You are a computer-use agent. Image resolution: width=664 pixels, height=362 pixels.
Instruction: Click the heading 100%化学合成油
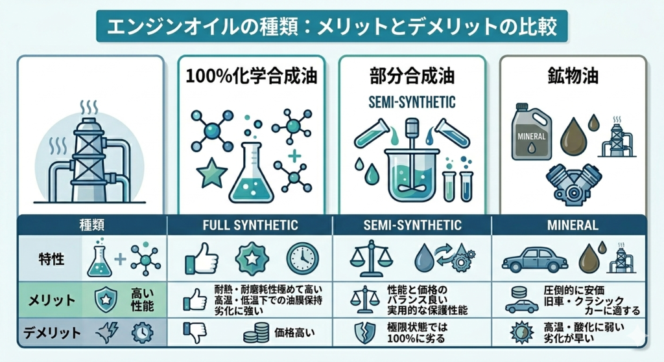tap(251, 76)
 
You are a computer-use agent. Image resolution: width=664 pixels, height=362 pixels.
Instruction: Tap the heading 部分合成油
tap(412, 76)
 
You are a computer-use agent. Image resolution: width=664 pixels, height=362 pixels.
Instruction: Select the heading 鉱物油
tap(573, 76)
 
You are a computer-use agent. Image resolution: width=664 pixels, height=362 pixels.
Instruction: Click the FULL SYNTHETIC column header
tap(250, 225)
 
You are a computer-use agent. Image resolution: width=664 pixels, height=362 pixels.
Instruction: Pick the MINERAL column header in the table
tap(573, 225)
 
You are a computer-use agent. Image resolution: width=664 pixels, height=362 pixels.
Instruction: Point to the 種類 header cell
tap(92, 225)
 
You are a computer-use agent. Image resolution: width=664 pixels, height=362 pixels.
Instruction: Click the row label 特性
tap(51, 259)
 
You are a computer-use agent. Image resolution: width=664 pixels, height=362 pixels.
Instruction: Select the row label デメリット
tap(52, 333)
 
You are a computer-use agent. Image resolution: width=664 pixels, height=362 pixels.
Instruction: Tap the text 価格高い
tap(295, 333)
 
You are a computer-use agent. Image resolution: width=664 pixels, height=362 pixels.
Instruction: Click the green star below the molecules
tap(212, 173)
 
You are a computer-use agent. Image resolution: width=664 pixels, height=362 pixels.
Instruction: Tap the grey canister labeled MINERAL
tap(531, 132)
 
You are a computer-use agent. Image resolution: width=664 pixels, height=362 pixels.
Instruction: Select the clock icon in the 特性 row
tap(302, 259)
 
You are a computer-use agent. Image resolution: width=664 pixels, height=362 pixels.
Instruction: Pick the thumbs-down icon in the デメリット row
tap(195, 333)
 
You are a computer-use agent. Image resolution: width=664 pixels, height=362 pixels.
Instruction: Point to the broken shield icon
tap(364, 333)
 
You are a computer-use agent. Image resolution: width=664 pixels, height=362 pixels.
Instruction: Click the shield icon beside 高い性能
tap(106, 299)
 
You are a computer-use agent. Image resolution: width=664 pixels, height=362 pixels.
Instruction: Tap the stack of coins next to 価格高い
tap(256, 333)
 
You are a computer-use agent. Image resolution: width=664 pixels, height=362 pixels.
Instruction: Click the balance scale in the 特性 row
tap(372, 259)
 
